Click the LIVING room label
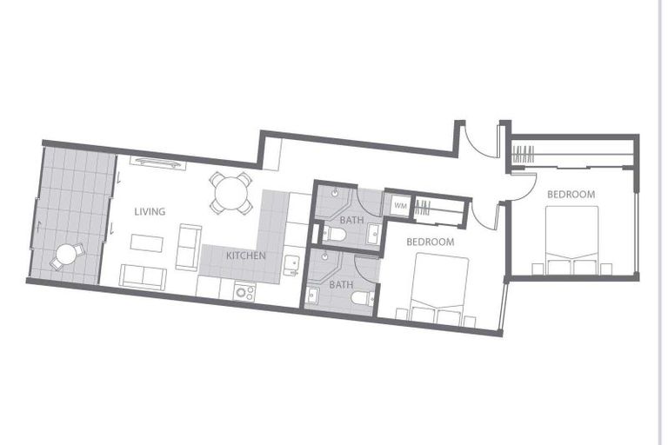tap(150, 211)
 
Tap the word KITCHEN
tap(246, 256)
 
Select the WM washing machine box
tap(400, 206)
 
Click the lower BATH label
tap(341, 284)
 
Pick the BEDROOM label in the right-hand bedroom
tap(571, 195)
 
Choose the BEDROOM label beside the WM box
tap(431, 242)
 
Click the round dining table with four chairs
tap(230, 192)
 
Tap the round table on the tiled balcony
tap(65, 256)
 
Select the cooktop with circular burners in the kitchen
tap(244, 293)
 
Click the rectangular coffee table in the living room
tap(146, 243)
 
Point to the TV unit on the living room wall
tap(157, 162)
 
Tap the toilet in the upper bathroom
tap(334, 235)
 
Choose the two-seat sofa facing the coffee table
tap(189, 247)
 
